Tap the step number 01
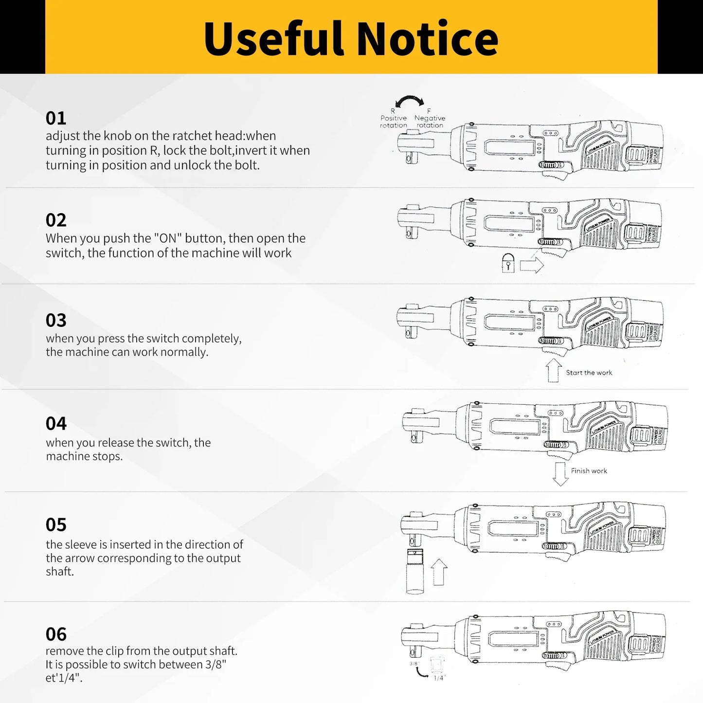tap(56, 118)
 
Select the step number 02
tap(56, 220)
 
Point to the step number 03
tap(56, 320)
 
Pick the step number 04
tap(56, 423)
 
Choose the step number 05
tap(56, 524)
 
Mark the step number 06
tap(56, 634)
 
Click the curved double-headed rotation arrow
tap(410, 101)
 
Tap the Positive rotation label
tap(394, 121)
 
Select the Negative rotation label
tap(430, 121)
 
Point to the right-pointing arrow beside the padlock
tap(531, 266)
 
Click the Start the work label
tap(589, 373)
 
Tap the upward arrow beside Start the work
tap(553, 370)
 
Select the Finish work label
tap(589, 471)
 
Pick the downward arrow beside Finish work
tap(560, 473)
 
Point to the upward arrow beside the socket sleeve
tap(439, 572)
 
